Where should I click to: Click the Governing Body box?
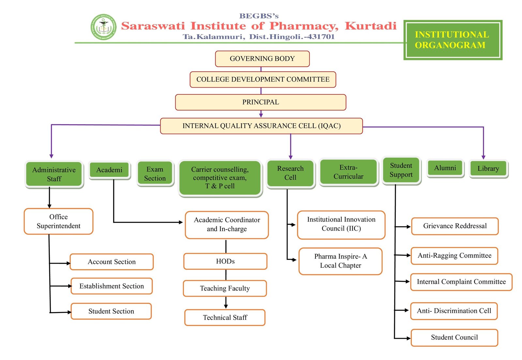pyautogui.click(x=262, y=59)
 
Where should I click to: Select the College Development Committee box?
pyautogui.click(x=263, y=80)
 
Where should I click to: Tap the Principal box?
pyautogui.click(x=261, y=102)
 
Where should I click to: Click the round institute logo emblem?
pyautogui.click(x=103, y=27)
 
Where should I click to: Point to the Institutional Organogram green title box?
pyautogui.click(x=453, y=40)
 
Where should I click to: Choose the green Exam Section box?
pyautogui.click(x=155, y=173)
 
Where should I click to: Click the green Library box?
pyautogui.click(x=488, y=169)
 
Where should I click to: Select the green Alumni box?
pyautogui.click(x=445, y=168)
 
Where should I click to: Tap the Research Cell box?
pyautogui.click(x=290, y=173)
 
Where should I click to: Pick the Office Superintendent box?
pyautogui.click(x=58, y=221)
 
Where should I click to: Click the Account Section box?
pyautogui.click(x=112, y=262)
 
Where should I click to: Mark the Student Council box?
pyautogui.click(x=454, y=337)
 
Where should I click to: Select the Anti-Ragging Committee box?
pyautogui.click(x=454, y=256)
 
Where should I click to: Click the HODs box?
pyautogui.click(x=225, y=261)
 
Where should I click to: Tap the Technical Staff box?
pyautogui.click(x=225, y=317)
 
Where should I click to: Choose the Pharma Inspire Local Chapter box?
pyautogui.click(x=341, y=261)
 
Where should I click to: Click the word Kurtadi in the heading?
pyautogui.click(x=371, y=26)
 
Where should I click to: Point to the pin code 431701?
pyautogui.click(x=321, y=37)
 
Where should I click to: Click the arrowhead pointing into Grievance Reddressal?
pyautogui.click(x=408, y=227)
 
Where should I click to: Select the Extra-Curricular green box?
pyautogui.click(x=348, y=172)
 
